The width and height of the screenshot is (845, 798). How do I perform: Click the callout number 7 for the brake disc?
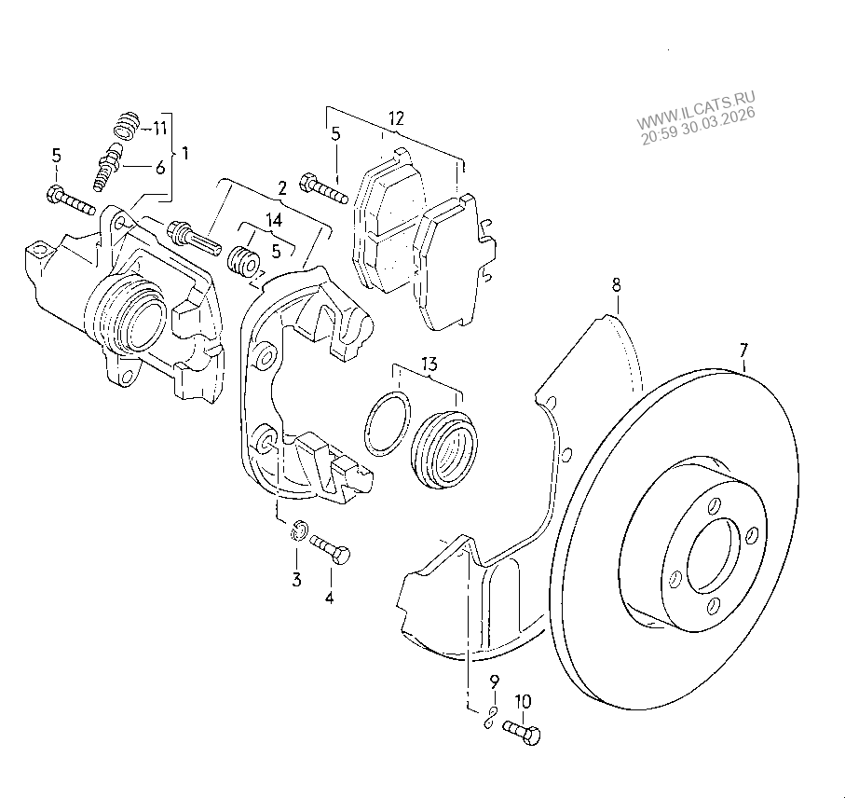click(x=743, y=351)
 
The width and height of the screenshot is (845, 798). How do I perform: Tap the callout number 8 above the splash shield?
click(x=617, y=284)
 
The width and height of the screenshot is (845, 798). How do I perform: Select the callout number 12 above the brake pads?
click(x=396, y=118)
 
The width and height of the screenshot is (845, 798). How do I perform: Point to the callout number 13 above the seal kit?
click(x=429, y=365)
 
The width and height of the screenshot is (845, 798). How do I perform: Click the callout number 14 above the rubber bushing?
click(x=274, y=220)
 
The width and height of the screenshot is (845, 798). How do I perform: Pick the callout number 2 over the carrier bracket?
click(x=282, y=188)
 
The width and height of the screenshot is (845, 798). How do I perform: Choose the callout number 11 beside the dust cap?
click(x=159, y=129)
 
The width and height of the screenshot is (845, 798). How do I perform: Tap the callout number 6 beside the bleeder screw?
click(x=160, y=168)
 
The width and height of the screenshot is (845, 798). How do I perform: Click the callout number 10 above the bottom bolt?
click(x=524, y=701)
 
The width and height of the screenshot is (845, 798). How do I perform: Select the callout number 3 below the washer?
click(x=296, y=580)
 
